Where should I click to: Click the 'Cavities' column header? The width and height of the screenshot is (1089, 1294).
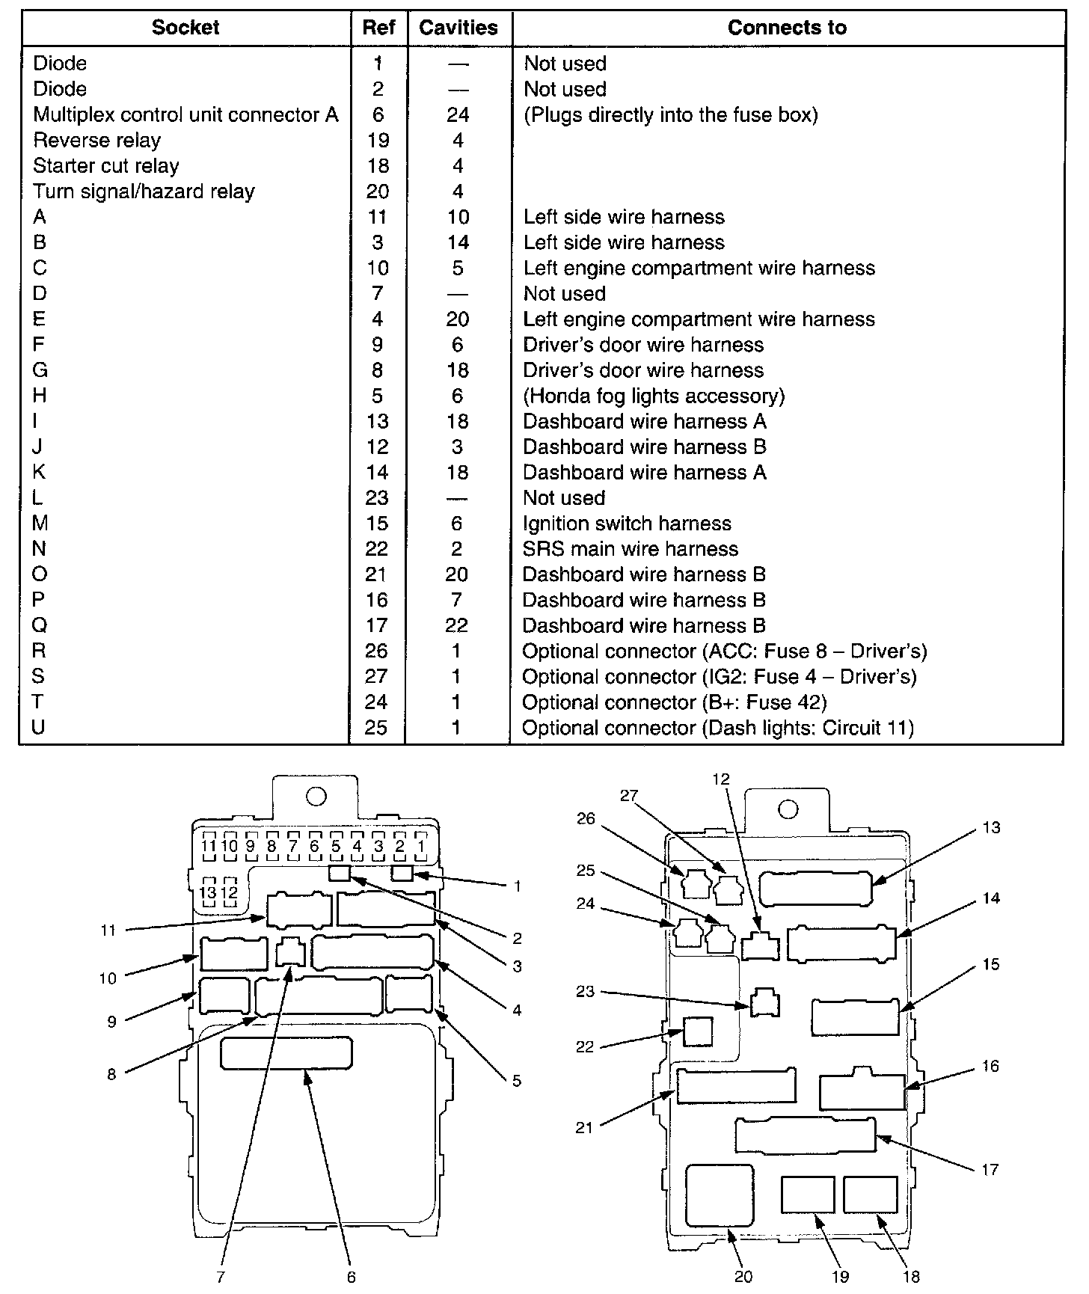458,28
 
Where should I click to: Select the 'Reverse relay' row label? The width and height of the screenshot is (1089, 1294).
97,141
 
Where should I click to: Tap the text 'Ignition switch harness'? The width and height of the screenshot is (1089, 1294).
627,524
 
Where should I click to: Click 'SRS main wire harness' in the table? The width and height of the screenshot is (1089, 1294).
631,549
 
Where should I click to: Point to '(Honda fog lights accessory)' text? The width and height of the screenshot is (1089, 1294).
654,396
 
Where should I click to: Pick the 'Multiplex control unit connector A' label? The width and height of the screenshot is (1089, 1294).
185,115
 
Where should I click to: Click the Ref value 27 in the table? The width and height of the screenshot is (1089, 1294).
376,677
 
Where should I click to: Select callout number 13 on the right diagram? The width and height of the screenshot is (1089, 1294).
991,828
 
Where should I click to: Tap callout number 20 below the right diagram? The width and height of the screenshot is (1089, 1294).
743,1276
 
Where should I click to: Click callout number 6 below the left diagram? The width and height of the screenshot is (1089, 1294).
351,1277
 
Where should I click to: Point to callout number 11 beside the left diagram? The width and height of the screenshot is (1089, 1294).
109,930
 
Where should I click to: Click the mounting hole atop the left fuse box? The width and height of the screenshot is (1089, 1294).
316,797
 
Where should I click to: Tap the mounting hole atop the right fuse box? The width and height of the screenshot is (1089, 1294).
788,809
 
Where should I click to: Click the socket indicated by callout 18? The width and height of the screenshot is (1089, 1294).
870,1195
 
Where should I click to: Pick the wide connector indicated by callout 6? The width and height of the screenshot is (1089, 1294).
286,1052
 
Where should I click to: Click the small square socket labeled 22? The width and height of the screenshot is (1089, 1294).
698,1031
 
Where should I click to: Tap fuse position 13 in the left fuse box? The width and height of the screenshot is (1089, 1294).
208,892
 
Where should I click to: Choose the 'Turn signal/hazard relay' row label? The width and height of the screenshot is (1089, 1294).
144,191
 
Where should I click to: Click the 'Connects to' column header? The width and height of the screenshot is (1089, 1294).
787,28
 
